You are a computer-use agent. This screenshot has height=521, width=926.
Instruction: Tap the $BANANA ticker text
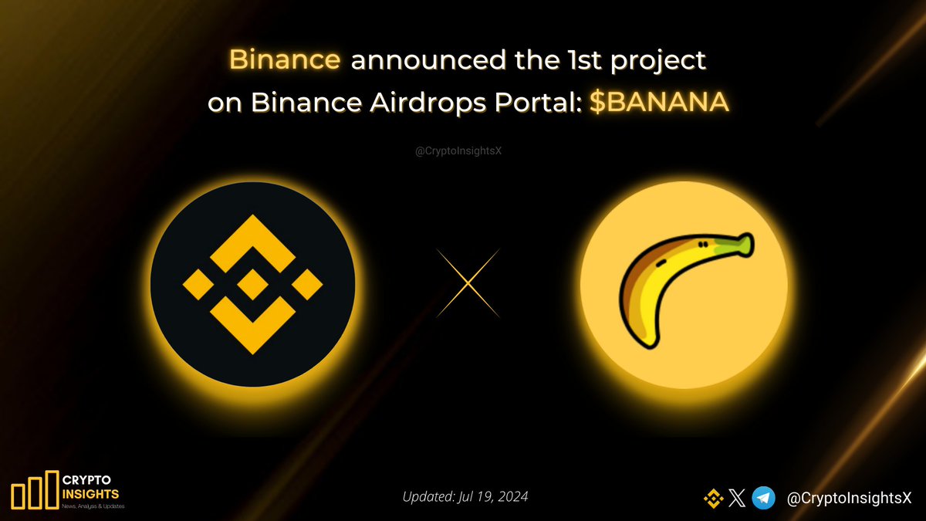659,104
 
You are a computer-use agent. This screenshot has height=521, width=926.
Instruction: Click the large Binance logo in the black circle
252,284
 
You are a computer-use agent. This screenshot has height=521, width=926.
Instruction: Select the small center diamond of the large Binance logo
252,284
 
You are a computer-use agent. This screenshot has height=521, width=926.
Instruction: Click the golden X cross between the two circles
468,282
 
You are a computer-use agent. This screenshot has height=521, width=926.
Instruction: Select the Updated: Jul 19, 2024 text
465,497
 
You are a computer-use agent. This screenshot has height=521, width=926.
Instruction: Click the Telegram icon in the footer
764,499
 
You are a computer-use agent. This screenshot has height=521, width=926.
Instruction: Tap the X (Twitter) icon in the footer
736,499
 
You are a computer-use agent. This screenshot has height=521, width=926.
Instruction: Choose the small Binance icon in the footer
713,499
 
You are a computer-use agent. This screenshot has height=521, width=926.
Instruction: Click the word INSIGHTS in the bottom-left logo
90,492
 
